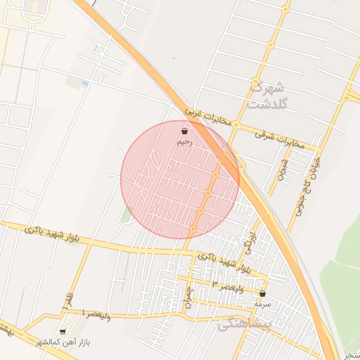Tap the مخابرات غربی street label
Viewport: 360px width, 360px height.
pyautogui.click(x=209, y=118)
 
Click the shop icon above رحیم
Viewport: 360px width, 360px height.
pyautogui.click(x=185, y=131)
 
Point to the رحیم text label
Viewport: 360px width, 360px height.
pyautogui.click(x=184, y=142)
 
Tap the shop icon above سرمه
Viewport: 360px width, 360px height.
pyautogui.click(x=263, y=294)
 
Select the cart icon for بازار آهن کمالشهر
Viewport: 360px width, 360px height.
pyautogui.click(x=63, y=331)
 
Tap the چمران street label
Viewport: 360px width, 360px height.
pyautogui.click(x=188, y=296)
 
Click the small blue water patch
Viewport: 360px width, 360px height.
pyautogui.click(x=85, y=84)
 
